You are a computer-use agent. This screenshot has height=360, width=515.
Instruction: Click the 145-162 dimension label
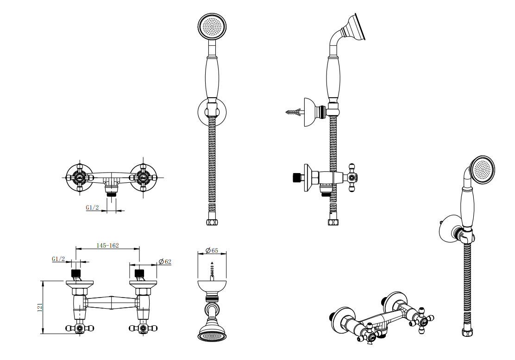click(x=107, y=245)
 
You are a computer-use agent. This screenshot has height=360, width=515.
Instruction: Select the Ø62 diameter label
click(x=165, y=261)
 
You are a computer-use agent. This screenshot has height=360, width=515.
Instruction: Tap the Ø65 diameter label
click(x=212, y=250)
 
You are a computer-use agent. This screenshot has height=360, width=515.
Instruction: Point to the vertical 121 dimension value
click(x=40, y=307)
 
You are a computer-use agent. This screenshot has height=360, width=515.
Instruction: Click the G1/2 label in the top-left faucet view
click(x=92, y=207)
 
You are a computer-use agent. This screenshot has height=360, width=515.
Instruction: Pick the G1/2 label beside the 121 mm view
click(x=58, y=259)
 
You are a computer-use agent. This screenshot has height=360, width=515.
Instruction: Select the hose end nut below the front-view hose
click(x=212, y=222)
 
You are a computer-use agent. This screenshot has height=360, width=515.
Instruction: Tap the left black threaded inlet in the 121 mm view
click(x=76, y=273)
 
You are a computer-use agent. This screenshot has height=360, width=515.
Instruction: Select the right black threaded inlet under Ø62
click(x=139, y=273)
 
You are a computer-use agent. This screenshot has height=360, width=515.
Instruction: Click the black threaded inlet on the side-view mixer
click(x=297, y=178)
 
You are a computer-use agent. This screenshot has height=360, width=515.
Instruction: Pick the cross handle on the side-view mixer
click(x=352, y=178)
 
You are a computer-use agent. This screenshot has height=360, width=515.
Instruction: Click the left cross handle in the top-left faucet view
click(x=80, y=178)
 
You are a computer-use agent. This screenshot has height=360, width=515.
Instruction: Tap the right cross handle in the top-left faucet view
click(x=143, y=178)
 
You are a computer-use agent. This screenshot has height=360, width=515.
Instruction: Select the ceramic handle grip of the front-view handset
click(x=212, y=77)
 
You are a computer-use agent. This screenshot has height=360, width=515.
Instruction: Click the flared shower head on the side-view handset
click(x=353, y=27)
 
